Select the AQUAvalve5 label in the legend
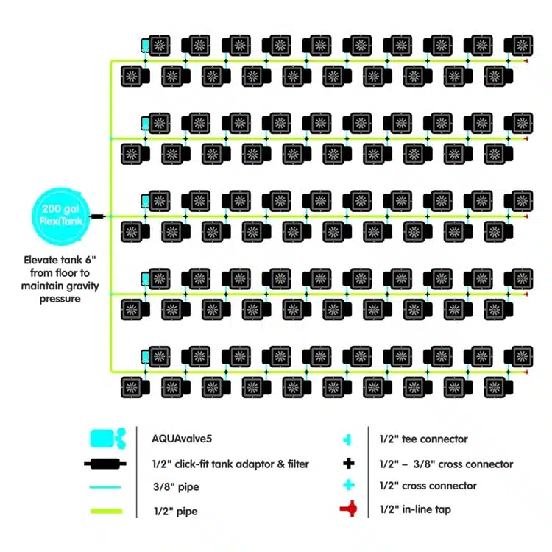(183, 439)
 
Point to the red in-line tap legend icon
(348, 509)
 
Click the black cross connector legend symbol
(349, 464)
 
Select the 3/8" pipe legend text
(177, 487)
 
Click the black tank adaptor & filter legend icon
(107, 464)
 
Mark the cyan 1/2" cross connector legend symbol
(349, 486)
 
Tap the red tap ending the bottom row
(526, 372)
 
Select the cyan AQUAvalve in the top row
(145, 46)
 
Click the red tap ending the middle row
(526, 216)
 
